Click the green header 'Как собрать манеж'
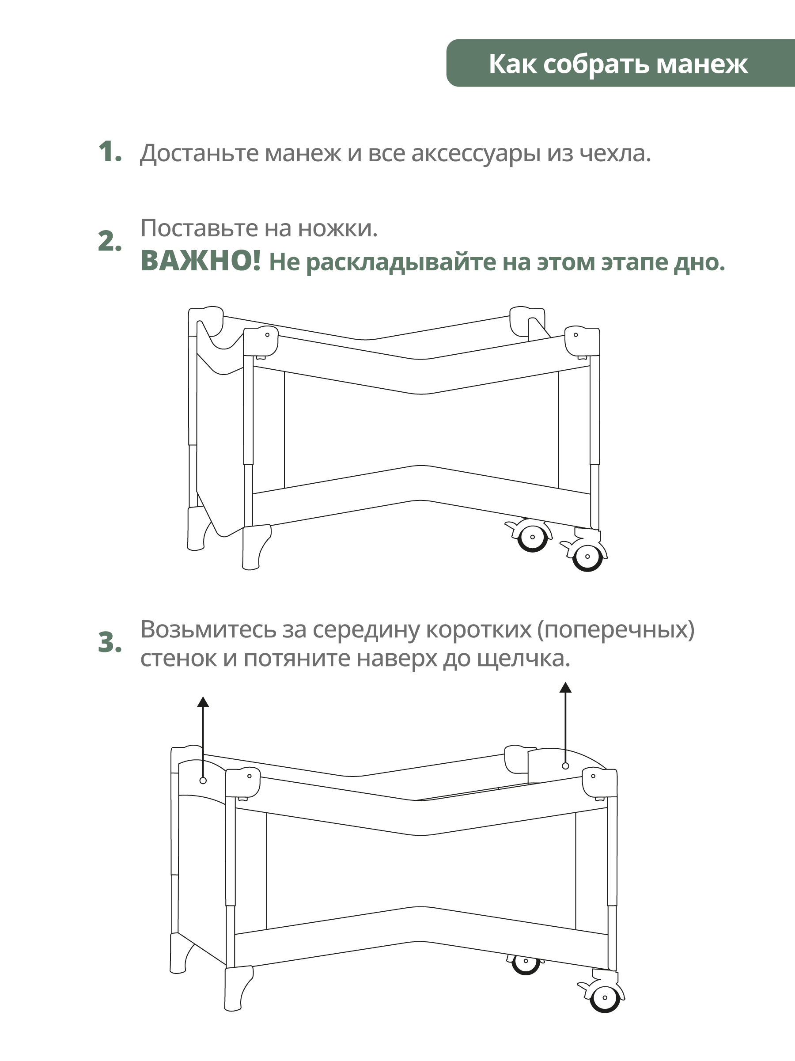point(618,63)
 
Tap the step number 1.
point(110,152)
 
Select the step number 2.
point(110,241)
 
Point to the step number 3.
point(110,643)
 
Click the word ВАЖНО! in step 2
point(201,261)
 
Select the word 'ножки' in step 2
point(337,228)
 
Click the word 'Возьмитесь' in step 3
point(208,629)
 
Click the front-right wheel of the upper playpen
point(587,557)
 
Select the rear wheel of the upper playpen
point(532,538)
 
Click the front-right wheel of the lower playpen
point(605,998)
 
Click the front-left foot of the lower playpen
point(237,989)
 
